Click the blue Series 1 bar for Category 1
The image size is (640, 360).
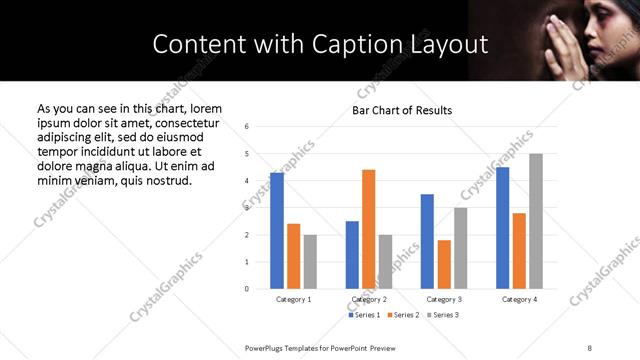click(x=277, y=231)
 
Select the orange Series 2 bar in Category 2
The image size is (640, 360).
click(x=368, y=229)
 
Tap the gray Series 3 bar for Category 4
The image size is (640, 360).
click(x=535, y=221)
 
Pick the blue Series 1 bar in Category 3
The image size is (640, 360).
click(x=427, y=241)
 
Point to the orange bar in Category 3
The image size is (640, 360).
click(x=443, y=264)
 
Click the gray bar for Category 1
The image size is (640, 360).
click(x=310, y=261)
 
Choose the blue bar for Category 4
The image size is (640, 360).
click(x=502, y=228)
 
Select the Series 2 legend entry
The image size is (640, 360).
click(x=401, y=315)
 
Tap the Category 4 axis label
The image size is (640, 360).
click(x=518, y=299)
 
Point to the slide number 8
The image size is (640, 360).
click(x=590, y=347)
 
